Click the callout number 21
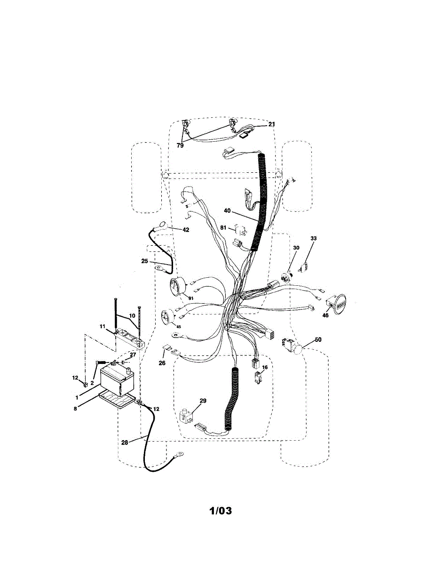[x=271, y=124]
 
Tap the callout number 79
[x=180, y=145]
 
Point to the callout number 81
[x=224, y=228]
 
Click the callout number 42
[x=186, y=230]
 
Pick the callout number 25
[x=145, y=260]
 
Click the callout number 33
[x=314, y=239]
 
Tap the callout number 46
[x=325, y=316]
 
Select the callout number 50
[x=318, y=339]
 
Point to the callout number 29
[x=203, y=401]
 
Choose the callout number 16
[x=265, y=367]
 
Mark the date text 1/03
[x=221, y=510]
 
